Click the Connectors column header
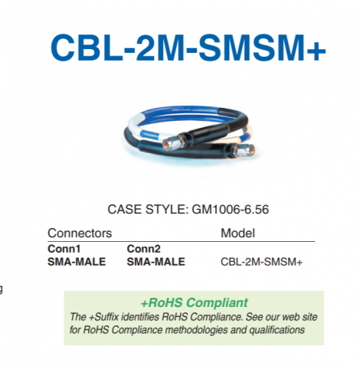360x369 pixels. tap(80, 233)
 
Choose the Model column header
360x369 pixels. tap(237, 233)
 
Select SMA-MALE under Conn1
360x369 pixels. tap(77, 262)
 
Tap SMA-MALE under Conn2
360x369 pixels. tap(155, 262)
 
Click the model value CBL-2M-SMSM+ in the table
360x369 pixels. tap(261, 263)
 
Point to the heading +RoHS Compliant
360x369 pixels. tap(194, 302)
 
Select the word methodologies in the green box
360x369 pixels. tap(201, 329)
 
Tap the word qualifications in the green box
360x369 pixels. tap(277, 329)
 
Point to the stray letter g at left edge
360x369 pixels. tap(2, 289)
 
